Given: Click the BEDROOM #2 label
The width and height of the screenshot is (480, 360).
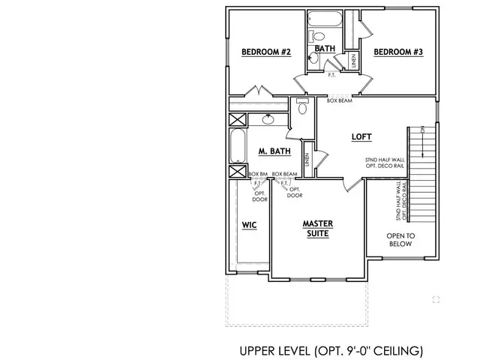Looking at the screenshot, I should pos(260,52).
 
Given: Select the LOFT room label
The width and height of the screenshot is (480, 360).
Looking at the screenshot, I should pos(362,136).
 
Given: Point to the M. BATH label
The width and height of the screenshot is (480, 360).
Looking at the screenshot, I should pos(274,151).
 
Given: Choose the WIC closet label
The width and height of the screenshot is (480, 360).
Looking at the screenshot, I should pos(249,224).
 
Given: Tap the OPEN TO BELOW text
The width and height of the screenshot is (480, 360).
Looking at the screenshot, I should pos(400,240).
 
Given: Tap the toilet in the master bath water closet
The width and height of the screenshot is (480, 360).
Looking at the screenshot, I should pos(302,106).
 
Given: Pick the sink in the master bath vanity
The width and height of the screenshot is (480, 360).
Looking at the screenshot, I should pos(268,118).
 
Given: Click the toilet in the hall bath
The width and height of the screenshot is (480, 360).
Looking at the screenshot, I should pos(317,36).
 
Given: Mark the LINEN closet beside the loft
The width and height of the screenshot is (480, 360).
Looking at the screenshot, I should pos(307,160).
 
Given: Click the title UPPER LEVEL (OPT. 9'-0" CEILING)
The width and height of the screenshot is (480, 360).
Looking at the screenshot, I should pos(331,350).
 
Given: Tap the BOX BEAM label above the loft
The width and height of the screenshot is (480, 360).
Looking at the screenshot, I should pos(340,100).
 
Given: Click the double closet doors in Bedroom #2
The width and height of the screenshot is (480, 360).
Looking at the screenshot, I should pos(259,92).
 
